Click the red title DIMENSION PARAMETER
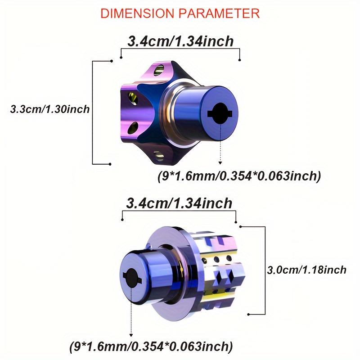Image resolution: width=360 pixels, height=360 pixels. click(x=180, y=13)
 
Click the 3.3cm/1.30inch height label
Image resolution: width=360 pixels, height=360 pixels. click(x=50, y=109)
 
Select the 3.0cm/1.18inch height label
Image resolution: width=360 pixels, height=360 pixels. click(x=307, y=270)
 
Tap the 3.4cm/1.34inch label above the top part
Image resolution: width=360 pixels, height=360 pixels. click(x=180, y=41)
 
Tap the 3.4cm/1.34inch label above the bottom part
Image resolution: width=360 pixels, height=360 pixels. click(x=179, y=203)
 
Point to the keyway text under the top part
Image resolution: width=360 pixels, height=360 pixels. click(x=239, y=176)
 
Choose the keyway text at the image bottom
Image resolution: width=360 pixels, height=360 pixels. click(x=151, y=346)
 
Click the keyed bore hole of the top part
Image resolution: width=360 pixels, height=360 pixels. click(x=220, y=114)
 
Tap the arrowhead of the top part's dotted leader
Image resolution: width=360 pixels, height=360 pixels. click(x=220, y=163)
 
